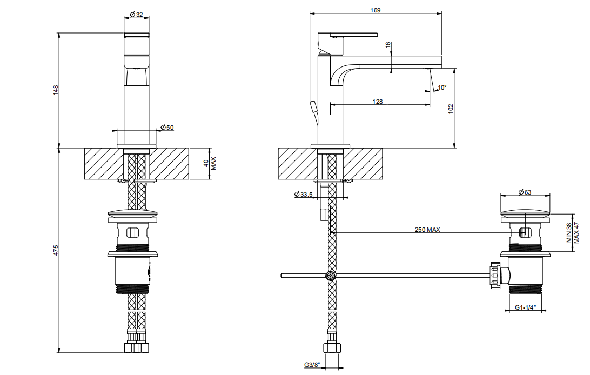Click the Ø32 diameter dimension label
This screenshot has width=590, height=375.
(x=136, y=15)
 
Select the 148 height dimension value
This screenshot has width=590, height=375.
(x=56, y=90)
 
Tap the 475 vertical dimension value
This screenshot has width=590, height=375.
(x=56, y=251)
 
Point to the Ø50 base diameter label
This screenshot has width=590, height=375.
(x=167, y=128)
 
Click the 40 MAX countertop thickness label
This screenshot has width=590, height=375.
(x=210, y=164)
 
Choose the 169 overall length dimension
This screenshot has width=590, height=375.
(x=375, y=10)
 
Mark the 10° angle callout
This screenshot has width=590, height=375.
(x=442, y=88)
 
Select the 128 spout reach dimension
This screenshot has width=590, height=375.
(x=378, y=102)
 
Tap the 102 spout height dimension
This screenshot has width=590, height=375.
(x=451, y=109)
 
